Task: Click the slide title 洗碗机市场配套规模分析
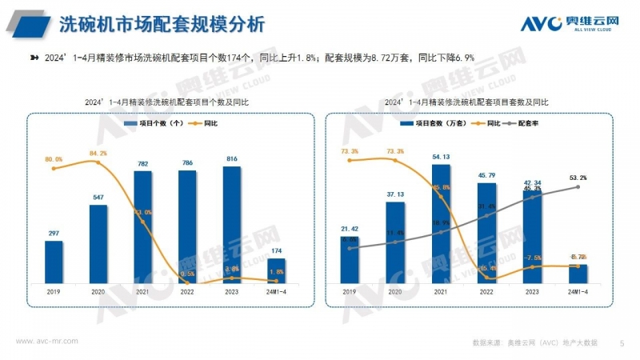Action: click(x=162, y=24)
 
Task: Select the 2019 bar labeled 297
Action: click(x=54, y=262)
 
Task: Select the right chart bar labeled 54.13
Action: click(x=441, y=224)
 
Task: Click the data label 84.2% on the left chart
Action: click(x=98, y=153)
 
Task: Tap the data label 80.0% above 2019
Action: click(x=54, y=159)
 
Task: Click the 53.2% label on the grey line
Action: click(x=578, y=178)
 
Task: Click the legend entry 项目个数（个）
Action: click(x=158, y=124)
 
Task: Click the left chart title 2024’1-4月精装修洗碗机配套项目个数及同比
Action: click(x=167, y=102)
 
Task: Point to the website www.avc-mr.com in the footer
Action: click(x=47, y=340)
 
